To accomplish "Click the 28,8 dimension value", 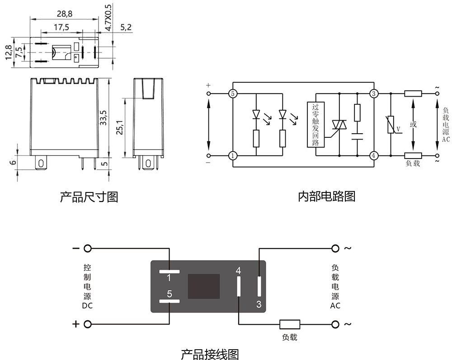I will [x=65, y=14].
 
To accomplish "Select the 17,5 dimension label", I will [x=61, y=27].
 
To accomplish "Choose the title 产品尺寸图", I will [x=89, y=197].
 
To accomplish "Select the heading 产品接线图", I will [x=210, y=354].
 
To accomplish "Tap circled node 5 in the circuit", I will [x=232, y=94].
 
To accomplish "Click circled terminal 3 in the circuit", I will [x=374, y=94].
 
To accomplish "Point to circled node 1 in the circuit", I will [x=232, y=156].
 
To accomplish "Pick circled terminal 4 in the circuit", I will [x=374, y=156].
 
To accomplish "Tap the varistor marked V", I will [x=391, y=125].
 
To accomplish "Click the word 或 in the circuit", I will [x=413, y=125].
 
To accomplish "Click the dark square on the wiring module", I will [x=203, y=286].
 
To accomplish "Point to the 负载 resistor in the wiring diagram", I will [x=290, y=324].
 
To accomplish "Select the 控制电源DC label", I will [x=87, y=286].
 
